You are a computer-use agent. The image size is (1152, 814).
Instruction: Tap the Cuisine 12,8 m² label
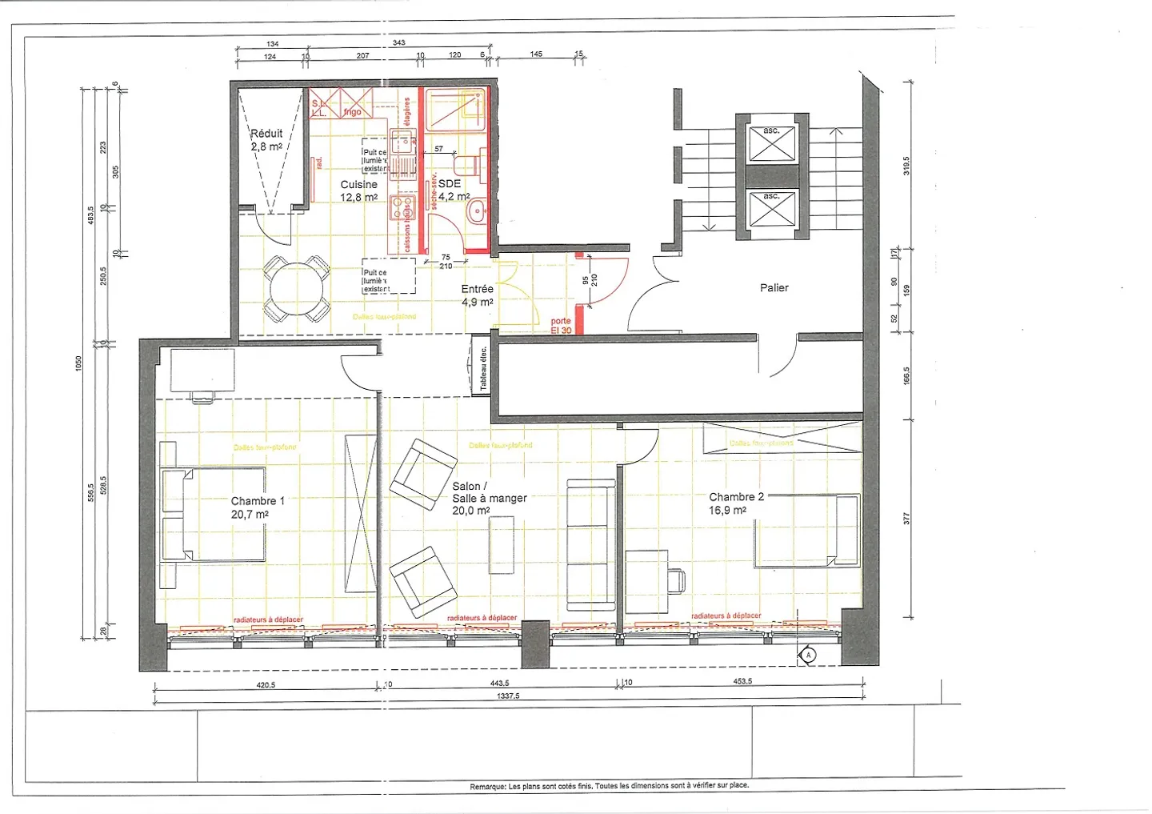click(x=358, y=190)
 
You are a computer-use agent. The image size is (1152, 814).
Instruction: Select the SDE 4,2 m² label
click(x=453, y=190)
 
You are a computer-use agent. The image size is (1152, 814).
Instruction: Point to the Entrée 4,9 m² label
click(x=477, y=295)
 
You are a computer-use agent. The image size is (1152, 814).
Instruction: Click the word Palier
click(x=774, y=287)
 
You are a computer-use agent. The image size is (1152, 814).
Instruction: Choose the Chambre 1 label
click(x=257, y=507)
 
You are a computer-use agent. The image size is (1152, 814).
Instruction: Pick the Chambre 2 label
click(x=735, y=503)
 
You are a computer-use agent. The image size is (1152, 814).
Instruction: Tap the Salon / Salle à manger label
click(x=489, y=498)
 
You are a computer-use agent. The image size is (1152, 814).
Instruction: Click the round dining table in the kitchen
click(x=297, y=290)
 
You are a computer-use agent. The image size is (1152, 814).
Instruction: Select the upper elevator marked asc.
click(x=770, y=142)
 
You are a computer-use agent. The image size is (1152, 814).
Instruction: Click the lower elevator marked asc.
click(x=770, y=208)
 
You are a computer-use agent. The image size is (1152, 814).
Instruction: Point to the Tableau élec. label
click(x=483, y=369)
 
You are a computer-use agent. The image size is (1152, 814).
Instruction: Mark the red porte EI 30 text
click(x=561, y=326)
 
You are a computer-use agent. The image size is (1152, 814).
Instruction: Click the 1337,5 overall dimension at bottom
click(x=508, y=696)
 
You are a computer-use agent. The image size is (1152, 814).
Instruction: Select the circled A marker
click(x=808, y=656)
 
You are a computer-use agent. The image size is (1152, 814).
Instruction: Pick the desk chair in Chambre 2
click(x=677, y=580)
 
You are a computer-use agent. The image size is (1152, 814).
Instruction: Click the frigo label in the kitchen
click(x=352, y=112)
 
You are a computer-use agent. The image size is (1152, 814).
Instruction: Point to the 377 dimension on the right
click(x=906, y=519)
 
